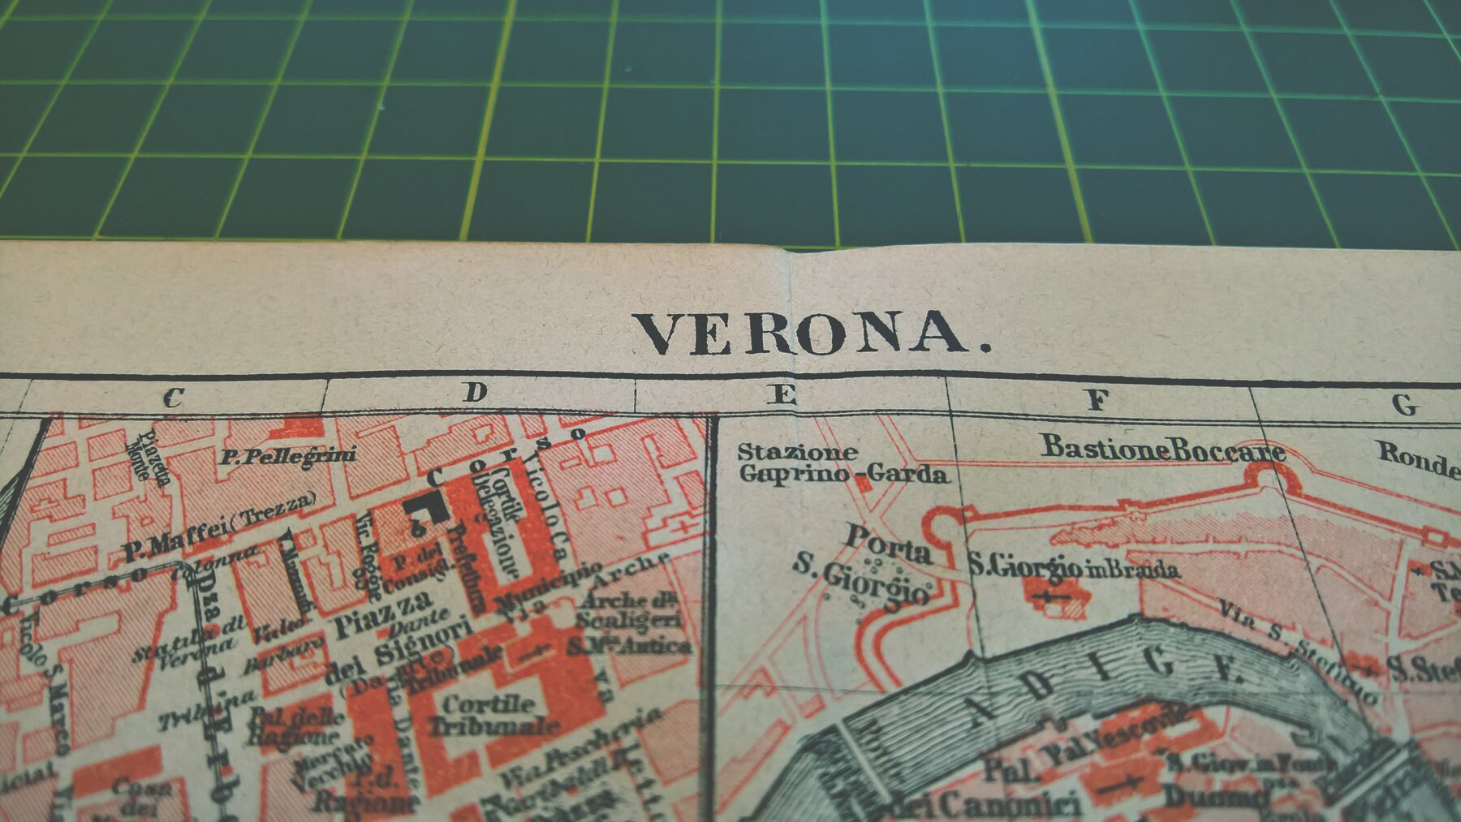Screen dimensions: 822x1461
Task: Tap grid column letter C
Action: pos(174,398)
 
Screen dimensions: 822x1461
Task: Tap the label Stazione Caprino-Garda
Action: pos(842,463)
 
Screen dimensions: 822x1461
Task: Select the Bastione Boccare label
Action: pos(1163,449)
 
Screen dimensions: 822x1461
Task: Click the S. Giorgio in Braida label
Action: pos(1073,569)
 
